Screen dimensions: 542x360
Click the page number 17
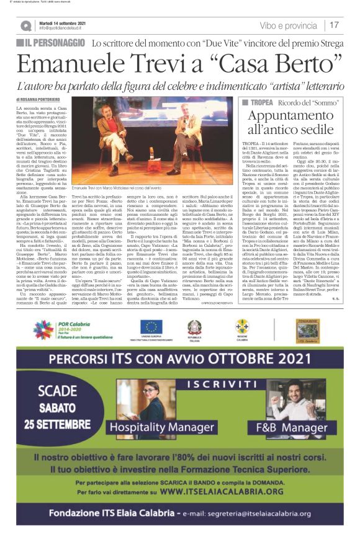pos(335,25)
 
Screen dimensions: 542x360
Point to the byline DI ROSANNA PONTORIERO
pos(43,99)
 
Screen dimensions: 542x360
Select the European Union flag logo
pos(151,326)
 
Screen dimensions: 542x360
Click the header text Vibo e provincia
pos(288,25)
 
